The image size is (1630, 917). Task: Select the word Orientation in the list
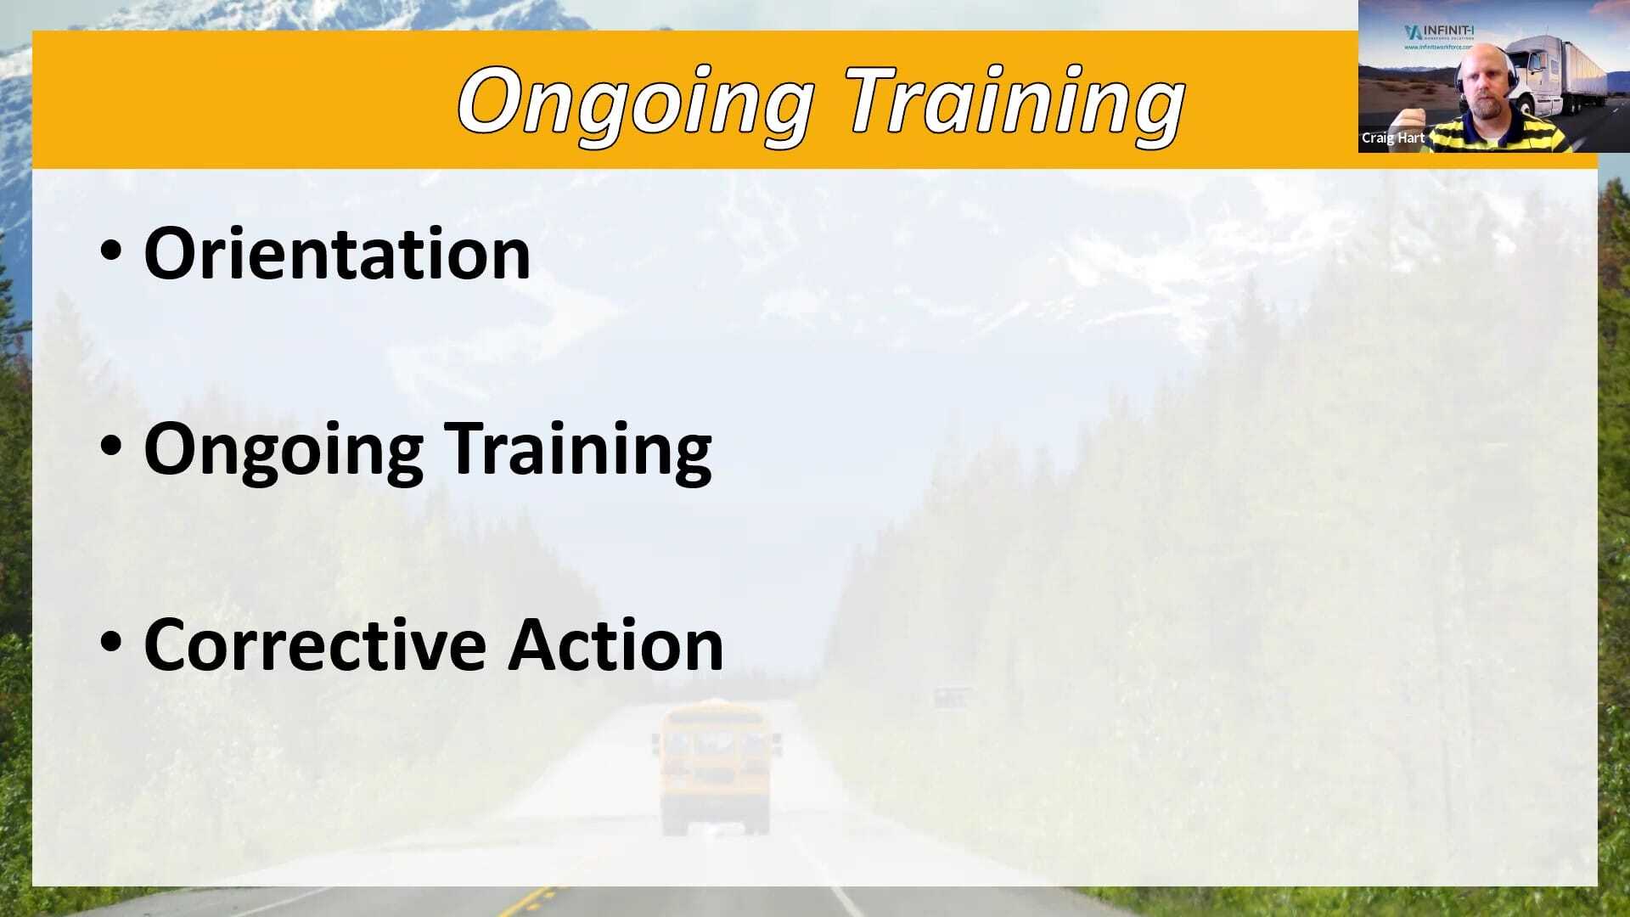[337, 253]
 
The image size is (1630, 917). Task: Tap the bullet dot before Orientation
[111, 250]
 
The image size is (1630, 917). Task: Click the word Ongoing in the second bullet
[283, 450]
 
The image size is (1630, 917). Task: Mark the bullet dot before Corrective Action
[111, 642]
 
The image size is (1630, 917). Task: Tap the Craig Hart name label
[1393, 138]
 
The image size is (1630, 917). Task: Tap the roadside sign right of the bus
[951, 698]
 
